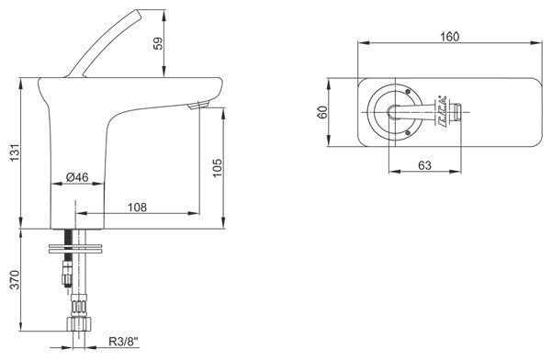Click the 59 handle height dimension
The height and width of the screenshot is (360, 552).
click(159, 43)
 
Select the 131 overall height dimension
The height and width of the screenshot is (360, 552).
click(15, 152)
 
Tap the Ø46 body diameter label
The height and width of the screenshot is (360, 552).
click(77, 177)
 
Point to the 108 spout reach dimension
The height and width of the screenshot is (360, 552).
click(137, 208)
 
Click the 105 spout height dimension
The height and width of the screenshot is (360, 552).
click(218, 168)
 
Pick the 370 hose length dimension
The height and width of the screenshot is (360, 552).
click(15, 280)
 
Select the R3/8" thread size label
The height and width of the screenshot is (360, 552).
click(124, 342)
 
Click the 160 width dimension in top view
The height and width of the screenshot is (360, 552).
click(449, 37)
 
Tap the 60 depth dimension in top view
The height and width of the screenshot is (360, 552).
click(322, 112)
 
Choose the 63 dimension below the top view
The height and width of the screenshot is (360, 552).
click(424, 165)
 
